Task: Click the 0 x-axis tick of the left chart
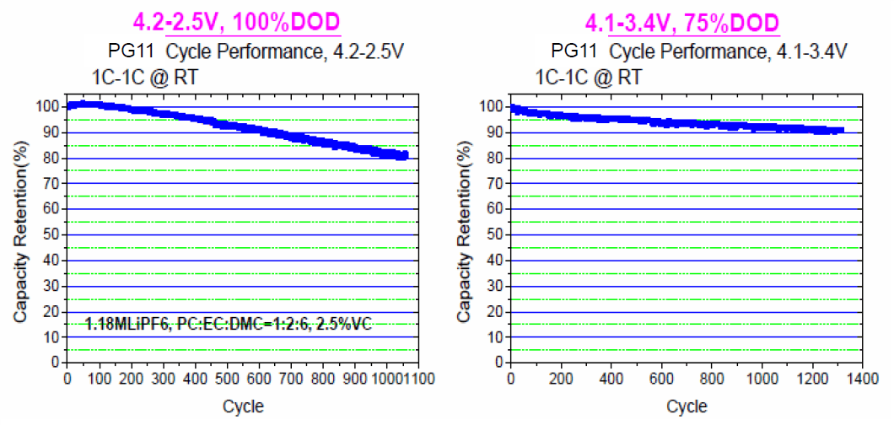click(67, 379)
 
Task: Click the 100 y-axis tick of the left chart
click(47, 106)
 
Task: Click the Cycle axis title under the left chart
click(243, 406)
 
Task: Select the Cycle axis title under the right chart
click(687, 406)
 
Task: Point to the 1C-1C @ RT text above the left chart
click(143, 78)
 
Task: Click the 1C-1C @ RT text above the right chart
click(588, 78)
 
